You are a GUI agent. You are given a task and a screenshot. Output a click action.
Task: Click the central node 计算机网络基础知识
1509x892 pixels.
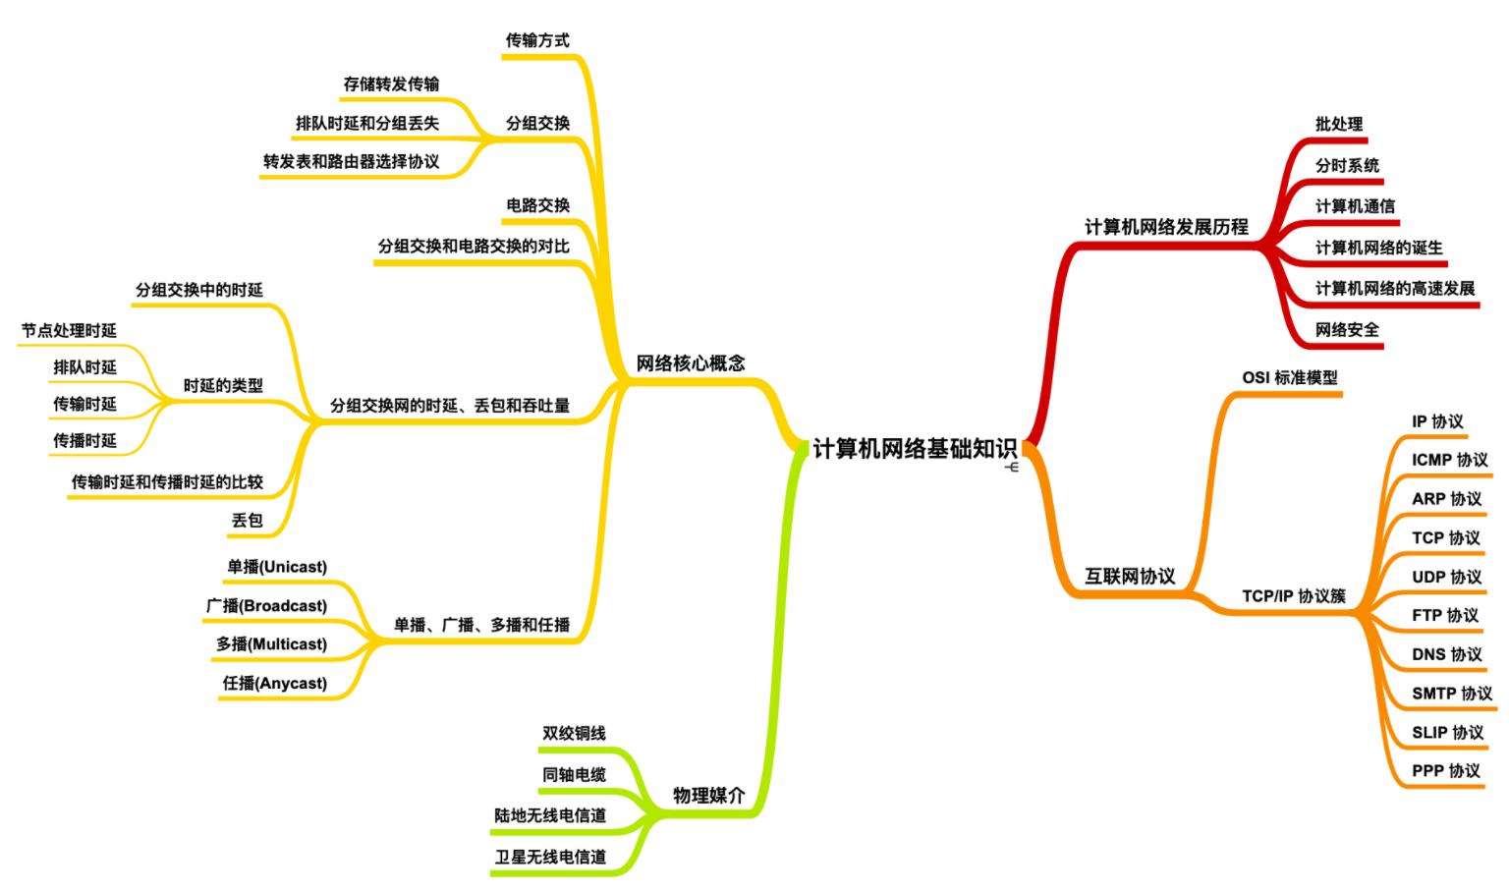[x=915, y=449]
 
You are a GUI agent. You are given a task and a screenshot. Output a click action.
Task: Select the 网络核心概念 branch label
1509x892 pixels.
[x=690, y=363]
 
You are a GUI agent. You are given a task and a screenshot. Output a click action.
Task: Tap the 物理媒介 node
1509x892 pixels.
[x=708, y=796]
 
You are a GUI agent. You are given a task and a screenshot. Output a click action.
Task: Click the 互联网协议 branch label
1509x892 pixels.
[x=1129, y=577]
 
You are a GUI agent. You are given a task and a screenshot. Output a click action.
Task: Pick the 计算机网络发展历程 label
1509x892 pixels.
[x=1166, y=227]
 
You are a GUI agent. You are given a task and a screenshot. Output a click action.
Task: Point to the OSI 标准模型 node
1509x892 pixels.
[x=1289, y=377]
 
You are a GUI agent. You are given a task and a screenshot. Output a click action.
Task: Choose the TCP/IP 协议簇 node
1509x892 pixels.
[x=1293, y=596]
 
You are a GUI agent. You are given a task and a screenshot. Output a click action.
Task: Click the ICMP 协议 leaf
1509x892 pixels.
[x=1449, y=460]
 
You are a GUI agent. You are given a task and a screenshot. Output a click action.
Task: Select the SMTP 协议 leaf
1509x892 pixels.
[x=1451, y=694]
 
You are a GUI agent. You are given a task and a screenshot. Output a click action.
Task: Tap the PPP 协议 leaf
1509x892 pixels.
[x=1445, y=771]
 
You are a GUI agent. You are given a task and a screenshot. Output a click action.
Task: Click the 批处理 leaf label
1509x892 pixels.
[x=1339, y=125]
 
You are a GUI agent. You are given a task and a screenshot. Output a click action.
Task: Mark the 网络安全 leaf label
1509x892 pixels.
[x=1347, y=330]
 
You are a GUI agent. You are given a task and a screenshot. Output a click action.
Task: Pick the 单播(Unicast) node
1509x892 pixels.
[x=277, y=567]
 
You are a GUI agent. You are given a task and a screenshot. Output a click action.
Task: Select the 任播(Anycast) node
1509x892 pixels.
[x=275, y=683]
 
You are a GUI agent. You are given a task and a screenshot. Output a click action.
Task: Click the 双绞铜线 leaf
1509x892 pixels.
[x=574, y=734]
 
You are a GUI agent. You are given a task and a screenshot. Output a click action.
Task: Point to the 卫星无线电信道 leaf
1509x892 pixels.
[x=550, y=857]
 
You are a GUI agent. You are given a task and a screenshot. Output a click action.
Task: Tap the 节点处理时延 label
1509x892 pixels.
[x=69, y=331]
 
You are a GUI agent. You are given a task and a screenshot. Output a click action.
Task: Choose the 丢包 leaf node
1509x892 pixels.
[x=247, y=521]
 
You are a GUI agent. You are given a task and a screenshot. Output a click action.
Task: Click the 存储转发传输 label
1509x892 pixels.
[x=391, y=84]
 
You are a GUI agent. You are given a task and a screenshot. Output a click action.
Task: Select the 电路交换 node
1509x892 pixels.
[x=537, y=205]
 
